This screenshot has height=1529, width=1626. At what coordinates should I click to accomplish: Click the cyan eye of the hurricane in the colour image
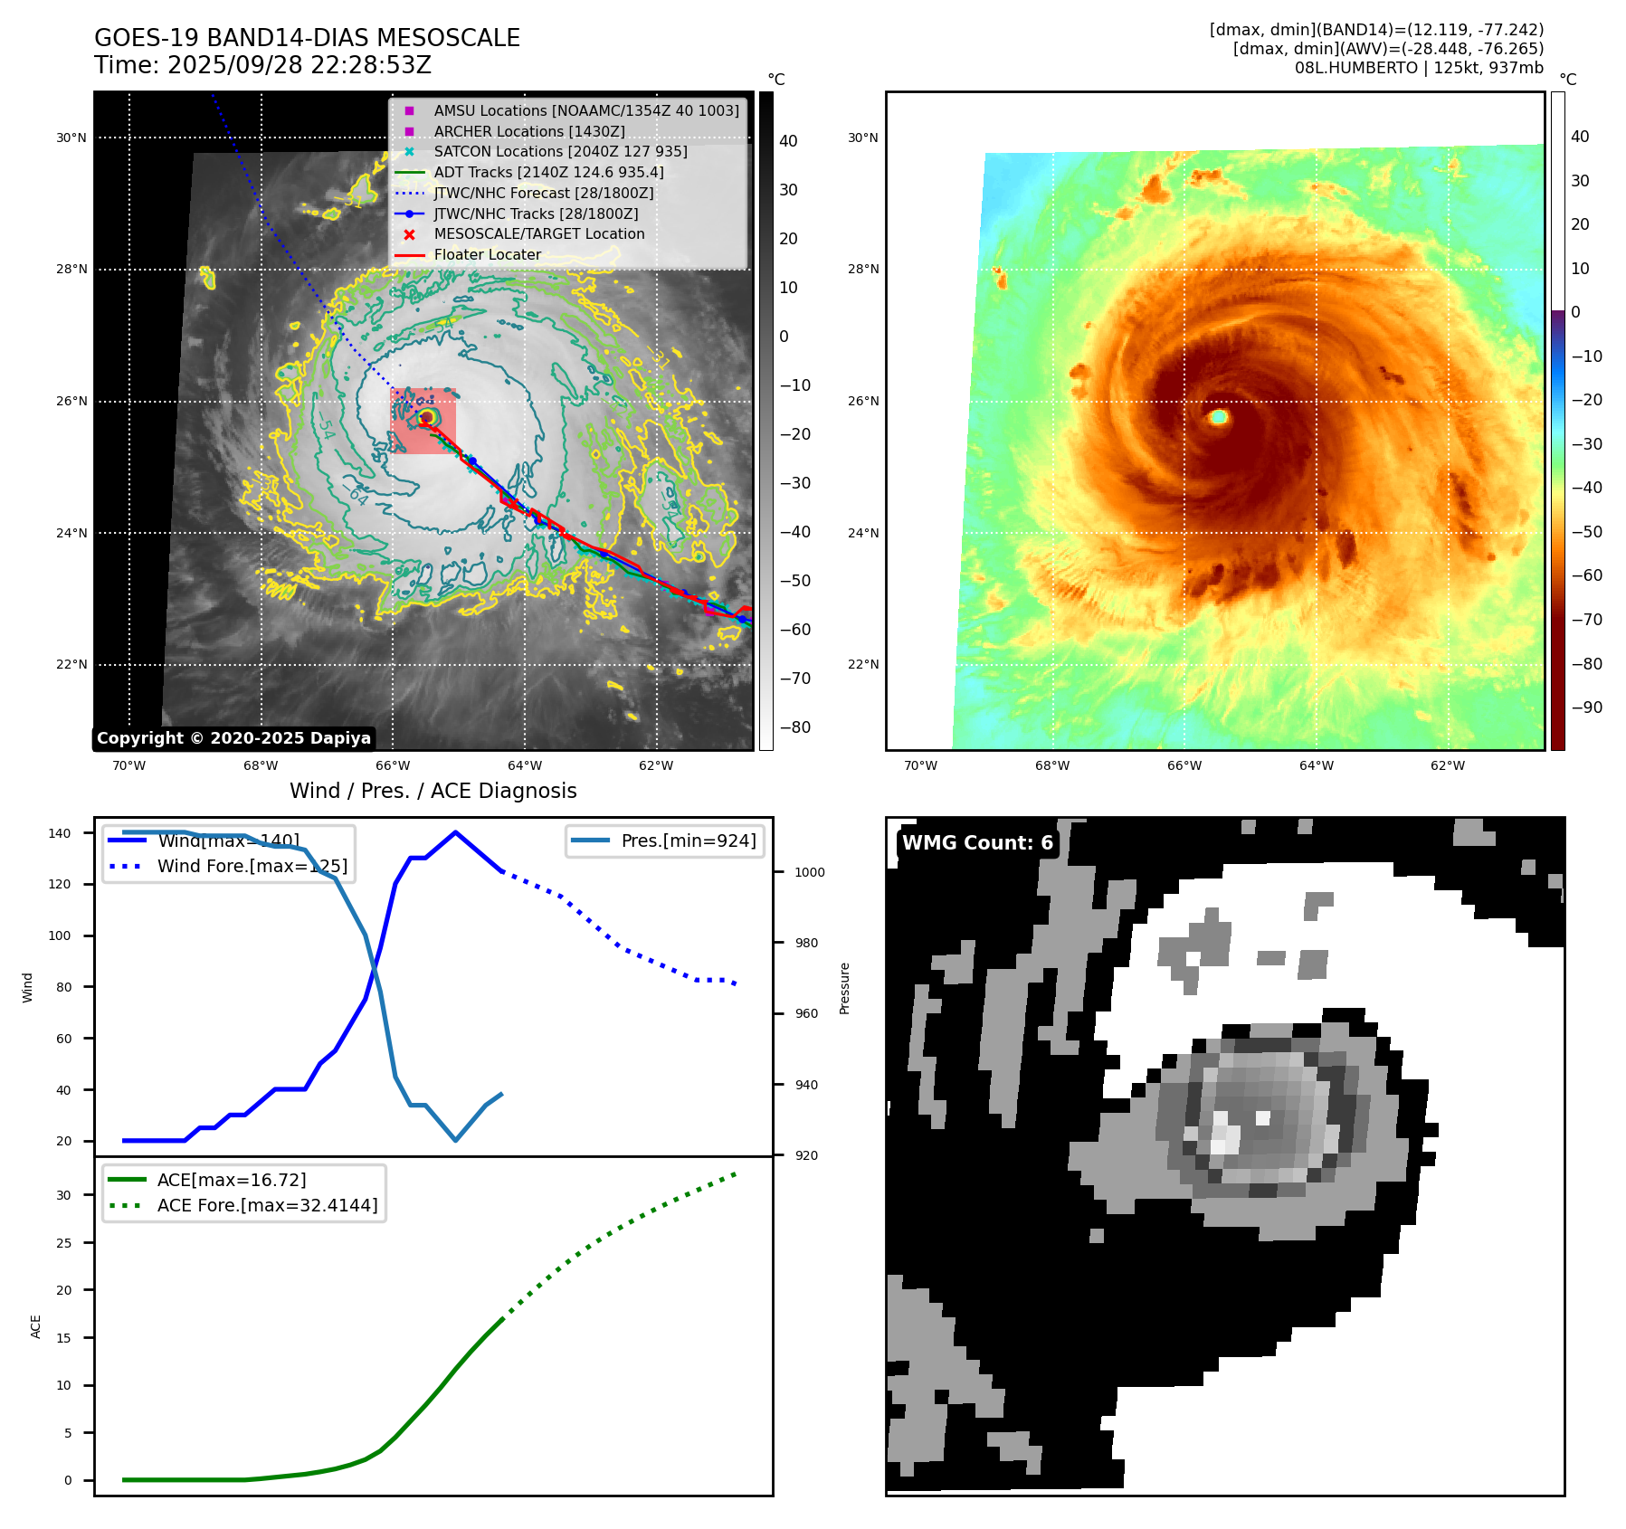1218,416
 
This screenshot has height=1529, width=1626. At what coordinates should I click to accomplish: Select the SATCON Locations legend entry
560,152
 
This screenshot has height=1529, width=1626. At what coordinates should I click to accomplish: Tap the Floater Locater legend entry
487,255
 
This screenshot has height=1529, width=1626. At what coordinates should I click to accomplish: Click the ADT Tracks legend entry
548,173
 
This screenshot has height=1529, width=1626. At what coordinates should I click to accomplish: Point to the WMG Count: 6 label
977,843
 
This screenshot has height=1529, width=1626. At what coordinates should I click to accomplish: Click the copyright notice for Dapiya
233,738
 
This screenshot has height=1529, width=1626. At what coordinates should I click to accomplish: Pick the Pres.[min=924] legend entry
688,840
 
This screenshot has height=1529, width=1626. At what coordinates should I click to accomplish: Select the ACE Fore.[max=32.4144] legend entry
267,1205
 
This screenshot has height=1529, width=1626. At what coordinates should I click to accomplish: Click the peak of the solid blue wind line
455,832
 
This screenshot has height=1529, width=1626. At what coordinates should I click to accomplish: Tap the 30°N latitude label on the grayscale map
71,138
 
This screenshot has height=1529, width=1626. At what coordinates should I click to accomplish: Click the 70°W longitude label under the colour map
920,765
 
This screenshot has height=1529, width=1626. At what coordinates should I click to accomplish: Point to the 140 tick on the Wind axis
60,833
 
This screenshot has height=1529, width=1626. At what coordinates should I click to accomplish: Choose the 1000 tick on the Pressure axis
810,872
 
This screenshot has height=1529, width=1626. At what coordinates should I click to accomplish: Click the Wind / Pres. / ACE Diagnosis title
433,791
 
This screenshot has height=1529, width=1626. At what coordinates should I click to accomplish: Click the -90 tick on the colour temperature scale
1586,708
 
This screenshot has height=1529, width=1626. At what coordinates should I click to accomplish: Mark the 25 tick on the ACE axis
63,1243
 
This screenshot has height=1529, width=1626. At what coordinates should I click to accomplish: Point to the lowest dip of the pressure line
455,1140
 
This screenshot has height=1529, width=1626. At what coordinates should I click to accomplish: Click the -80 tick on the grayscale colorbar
795,727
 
